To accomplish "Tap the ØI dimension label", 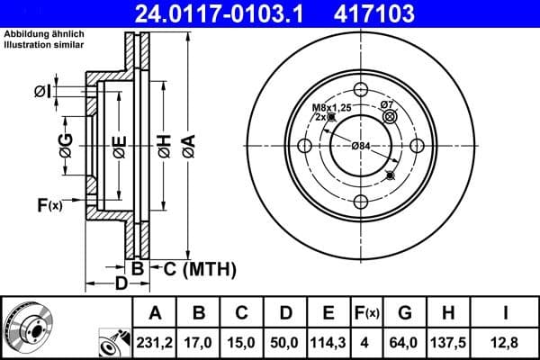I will pos(40,91).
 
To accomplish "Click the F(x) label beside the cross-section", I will pos(49,205).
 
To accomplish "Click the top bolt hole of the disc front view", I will pos(360,90).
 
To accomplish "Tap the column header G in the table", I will pos(405,313).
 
